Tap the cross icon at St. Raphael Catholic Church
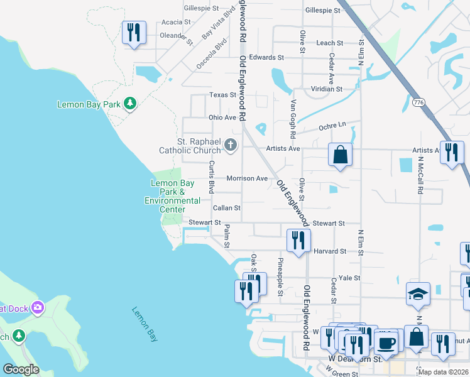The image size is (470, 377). click(231, 145)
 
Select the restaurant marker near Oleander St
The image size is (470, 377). click(134, 32)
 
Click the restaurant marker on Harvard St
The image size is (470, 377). click(298, 240)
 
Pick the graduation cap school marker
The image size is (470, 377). click(417, 294)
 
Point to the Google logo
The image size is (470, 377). click(21, 369)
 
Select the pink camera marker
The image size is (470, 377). click(37, 307)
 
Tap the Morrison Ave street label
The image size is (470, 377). click(247, 178)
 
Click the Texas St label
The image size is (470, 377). click(222, 95)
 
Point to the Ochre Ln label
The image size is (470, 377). click(333, 126)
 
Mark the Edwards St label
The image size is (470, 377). click(262, 57)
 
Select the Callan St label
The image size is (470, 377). click(226, 207)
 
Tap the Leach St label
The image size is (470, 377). click(330, 43)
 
